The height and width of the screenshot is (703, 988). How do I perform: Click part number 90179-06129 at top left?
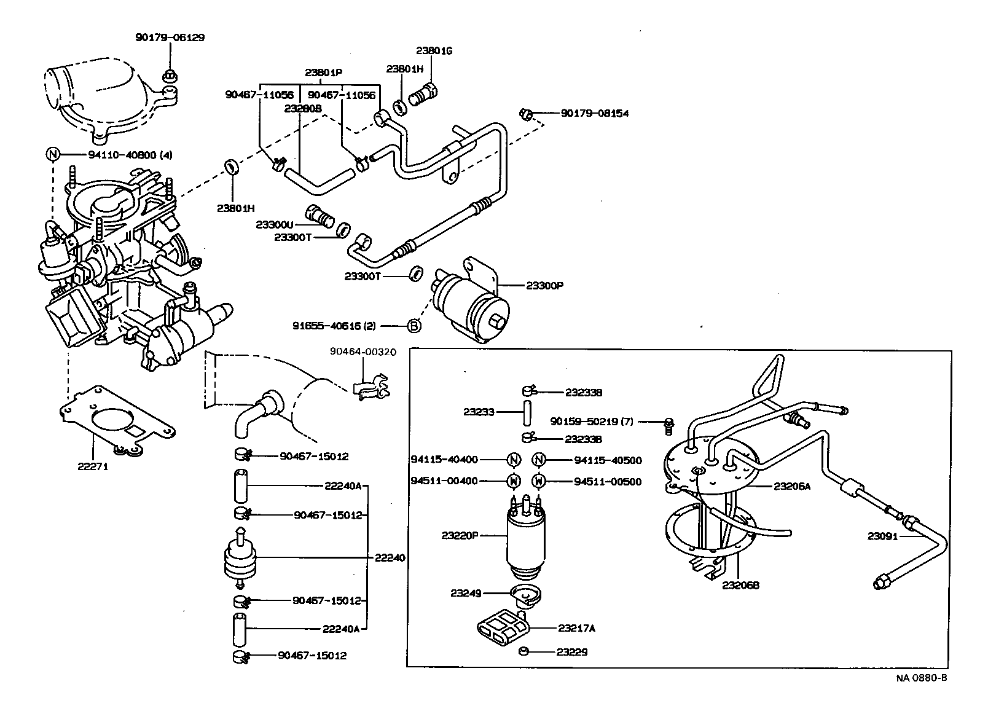pos(170,37)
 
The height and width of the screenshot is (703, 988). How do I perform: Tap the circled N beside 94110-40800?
pos(53,153)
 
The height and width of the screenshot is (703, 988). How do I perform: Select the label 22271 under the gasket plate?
pos(93,466)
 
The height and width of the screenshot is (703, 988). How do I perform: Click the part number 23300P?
pos(544,286)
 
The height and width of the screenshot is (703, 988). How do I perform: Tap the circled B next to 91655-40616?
pos(415,326)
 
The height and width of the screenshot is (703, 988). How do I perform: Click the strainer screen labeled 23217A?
pos(502,628)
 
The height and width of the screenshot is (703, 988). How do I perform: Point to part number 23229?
pos(572,651)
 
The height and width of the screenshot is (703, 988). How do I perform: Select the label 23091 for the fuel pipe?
pos(883,536)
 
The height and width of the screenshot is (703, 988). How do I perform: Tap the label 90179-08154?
pos(594,114)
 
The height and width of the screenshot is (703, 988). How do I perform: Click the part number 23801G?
pos(434,51)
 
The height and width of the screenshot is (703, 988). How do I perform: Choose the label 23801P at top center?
pos(323,73)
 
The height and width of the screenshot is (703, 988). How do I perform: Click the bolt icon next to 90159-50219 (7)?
pos(669,425)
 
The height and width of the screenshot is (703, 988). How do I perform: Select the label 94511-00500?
pos(608,481)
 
